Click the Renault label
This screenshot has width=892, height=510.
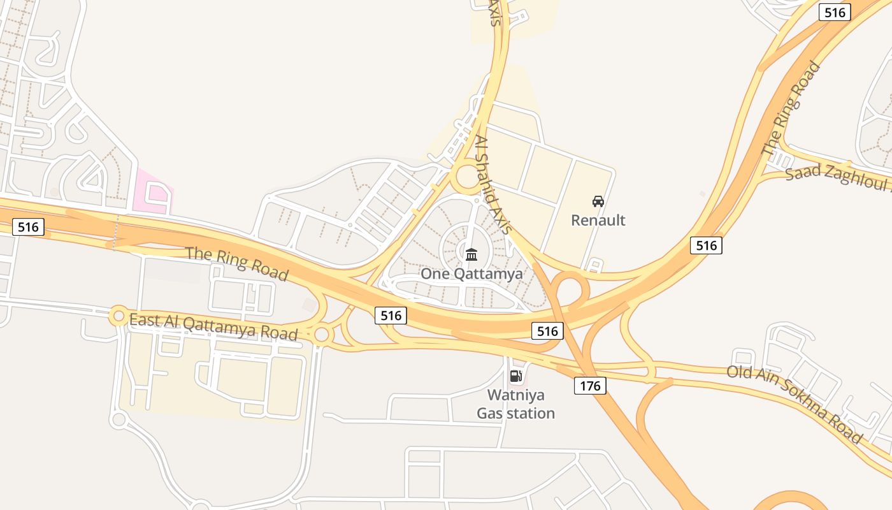598,221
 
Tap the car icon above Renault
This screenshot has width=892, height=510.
598,202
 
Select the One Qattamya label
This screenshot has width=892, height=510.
471,274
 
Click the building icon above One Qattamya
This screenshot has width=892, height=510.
471,255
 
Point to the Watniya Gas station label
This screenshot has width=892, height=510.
516,404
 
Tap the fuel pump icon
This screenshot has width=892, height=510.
516,376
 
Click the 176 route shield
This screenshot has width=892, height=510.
590,386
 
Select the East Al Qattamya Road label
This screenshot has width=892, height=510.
213,327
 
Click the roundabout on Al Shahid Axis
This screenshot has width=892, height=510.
469,176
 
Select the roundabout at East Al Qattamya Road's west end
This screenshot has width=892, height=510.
119,316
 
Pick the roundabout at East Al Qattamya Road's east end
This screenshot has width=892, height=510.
322,334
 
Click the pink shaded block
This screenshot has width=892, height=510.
153,191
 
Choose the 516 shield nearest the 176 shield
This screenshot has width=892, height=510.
547,331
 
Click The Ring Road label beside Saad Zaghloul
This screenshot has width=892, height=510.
791,108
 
